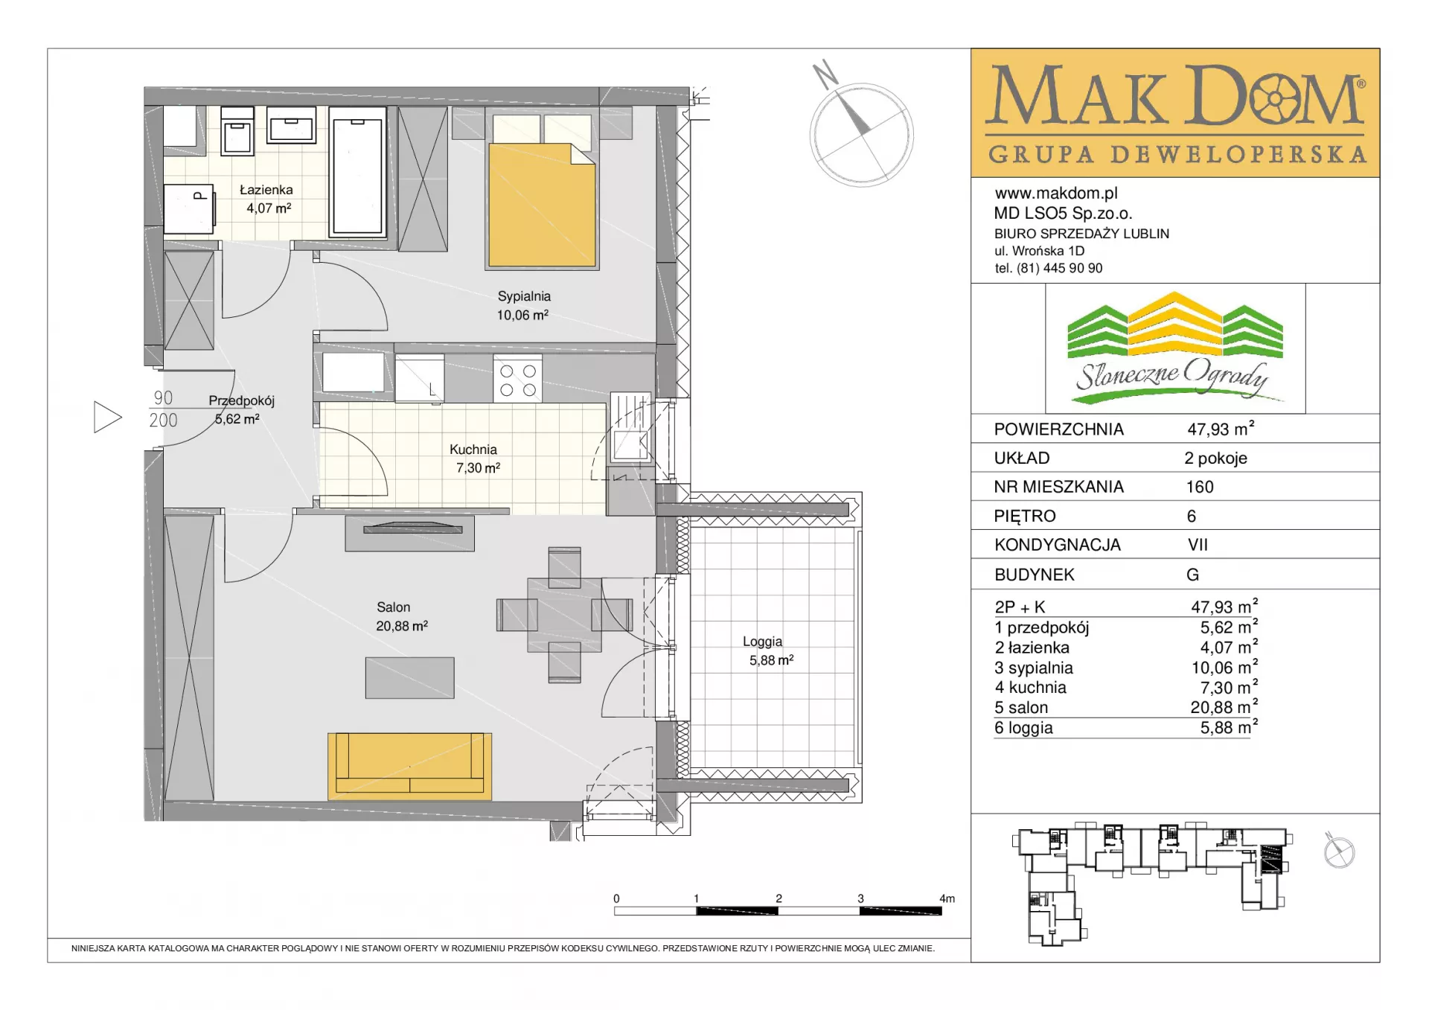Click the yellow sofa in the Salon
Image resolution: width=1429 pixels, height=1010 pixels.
[409, 766]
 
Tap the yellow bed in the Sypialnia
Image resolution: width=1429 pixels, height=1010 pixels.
[542, 205]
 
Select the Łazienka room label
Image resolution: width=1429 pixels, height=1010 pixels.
[266, 190]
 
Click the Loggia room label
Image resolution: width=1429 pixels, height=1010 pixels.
[762, 641]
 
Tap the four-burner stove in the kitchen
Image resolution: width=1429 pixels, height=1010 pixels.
[517, 380]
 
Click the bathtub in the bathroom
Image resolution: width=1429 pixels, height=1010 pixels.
[357, 171]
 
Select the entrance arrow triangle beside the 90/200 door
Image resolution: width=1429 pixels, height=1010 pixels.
[107, 417]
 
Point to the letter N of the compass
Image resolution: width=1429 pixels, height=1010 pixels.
[825, 74]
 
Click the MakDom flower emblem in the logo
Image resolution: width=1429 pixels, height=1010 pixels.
[1275, 98]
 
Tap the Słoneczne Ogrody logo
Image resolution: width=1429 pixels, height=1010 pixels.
[1175, 348]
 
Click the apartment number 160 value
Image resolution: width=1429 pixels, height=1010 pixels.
[1200, 487]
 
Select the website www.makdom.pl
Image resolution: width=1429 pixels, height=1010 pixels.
[1056, 194]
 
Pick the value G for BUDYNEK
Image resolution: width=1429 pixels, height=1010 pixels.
[1192, 575]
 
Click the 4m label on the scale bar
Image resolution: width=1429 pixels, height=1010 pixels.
[947, 898]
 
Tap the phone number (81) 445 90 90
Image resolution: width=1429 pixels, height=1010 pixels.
[1059, 268]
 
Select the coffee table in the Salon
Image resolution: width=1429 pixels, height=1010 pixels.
[409, 677]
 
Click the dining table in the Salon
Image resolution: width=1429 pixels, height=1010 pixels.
[564, 615]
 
